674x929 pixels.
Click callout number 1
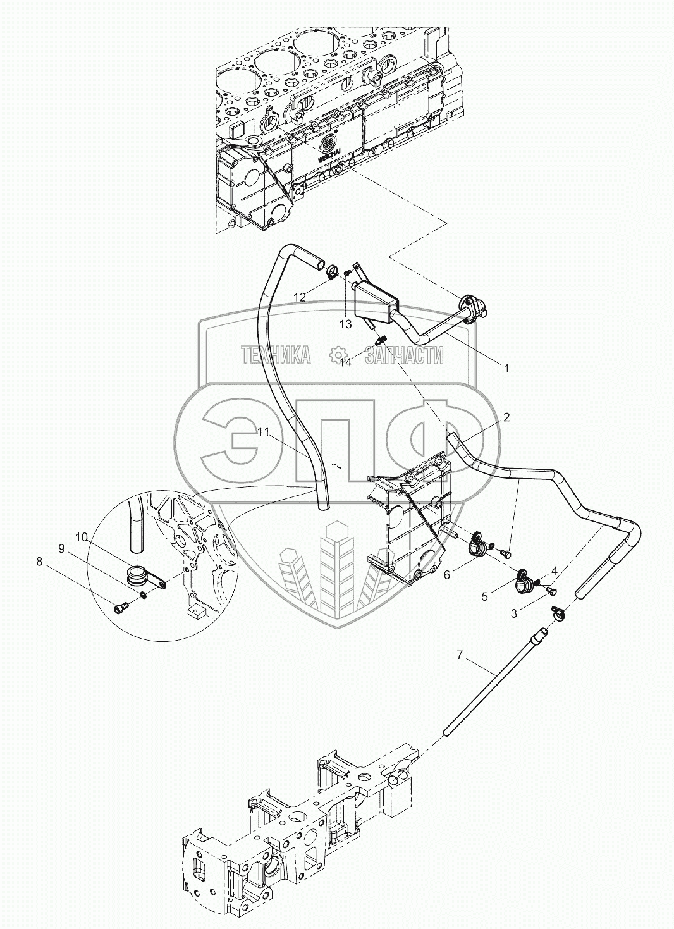coord(505,366)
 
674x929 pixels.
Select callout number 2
coord(506,417)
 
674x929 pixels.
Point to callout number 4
coord(554,570)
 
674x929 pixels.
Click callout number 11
coord(264,432)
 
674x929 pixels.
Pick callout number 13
coord(345,324)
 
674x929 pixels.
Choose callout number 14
coord(345,362)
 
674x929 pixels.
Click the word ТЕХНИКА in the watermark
coord(276,355)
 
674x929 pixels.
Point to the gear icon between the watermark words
coord(339,355)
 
